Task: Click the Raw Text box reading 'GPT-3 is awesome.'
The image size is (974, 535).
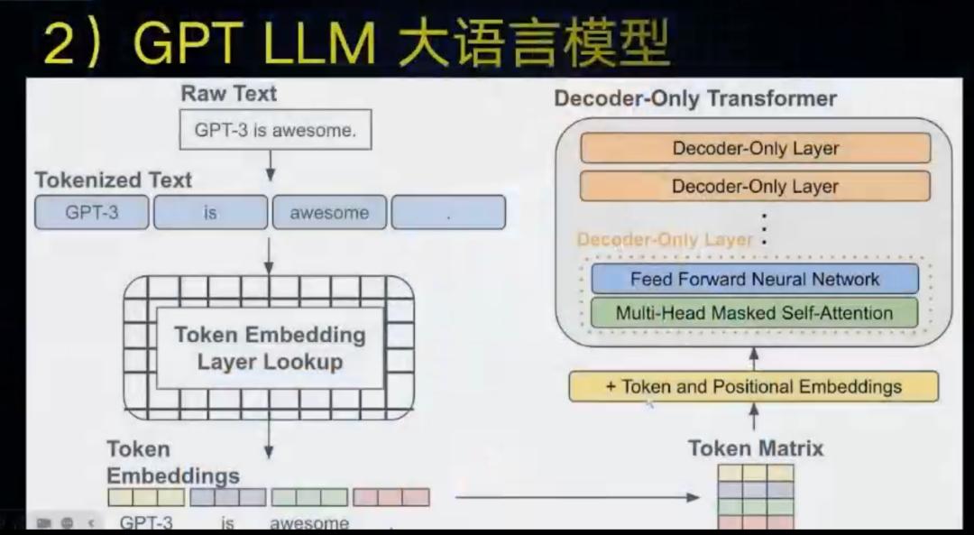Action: [276, 130]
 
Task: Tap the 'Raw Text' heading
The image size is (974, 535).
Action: [228, 94]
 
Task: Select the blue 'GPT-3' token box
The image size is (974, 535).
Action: [92, 213]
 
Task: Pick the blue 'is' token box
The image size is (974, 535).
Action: [210, 213]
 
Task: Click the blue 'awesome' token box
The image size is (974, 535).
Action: [329, 213]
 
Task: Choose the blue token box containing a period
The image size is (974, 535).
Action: [448, 213]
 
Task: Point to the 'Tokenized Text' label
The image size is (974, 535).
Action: [113, 180]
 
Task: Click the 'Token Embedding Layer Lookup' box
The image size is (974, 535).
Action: [270, 348]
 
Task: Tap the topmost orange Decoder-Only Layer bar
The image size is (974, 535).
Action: [756, 149]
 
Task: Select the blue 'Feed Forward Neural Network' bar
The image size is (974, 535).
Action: [755, 279]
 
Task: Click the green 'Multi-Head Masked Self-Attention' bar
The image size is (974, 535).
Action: [754, 312]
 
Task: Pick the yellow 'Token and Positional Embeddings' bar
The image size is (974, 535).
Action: [753, 386]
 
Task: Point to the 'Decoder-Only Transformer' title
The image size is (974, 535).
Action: [695, 98]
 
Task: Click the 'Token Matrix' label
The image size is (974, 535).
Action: [756, 448]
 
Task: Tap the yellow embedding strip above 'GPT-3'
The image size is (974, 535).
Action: [146, 497]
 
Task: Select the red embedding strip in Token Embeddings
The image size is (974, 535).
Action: [391, 497]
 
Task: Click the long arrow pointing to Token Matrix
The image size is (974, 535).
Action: [578, 497]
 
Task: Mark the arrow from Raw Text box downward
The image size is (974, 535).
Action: [270, 166]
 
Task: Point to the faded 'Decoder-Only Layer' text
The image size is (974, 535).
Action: [665, 240]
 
